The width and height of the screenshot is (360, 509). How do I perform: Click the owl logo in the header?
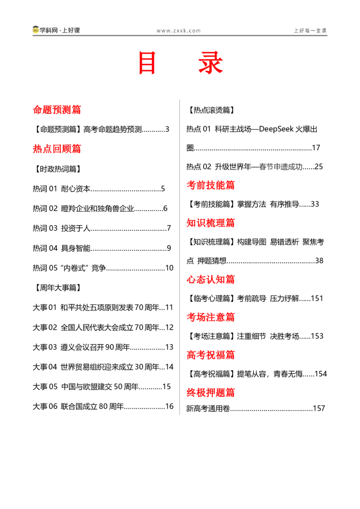tap(36, 30)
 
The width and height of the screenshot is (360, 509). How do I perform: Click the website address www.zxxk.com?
tap(178, 31)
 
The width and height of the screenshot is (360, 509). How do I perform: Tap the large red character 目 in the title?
tap(147, 63)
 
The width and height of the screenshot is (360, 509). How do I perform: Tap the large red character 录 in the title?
tap(211, 63)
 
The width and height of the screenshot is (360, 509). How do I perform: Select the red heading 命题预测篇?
tap(57, 110)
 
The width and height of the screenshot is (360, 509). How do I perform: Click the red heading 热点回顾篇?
tap(57, 149)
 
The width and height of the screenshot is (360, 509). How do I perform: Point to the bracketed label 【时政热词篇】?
tap(57, 169)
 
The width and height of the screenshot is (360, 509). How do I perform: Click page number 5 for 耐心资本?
tap(163, 188)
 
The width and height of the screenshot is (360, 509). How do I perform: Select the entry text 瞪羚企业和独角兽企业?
tap(98, 208)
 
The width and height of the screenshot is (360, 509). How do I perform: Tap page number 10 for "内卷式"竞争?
tap(169, 268)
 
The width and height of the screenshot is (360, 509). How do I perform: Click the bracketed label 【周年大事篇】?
tap(57, 288)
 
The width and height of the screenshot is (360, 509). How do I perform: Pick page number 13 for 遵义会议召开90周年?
tap(169, 347)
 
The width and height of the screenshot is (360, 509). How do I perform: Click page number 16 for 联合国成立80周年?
tap(169, 406)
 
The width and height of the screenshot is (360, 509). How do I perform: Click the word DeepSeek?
tap(276, 129)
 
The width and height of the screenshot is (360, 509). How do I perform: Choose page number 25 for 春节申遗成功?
tap(319, 167)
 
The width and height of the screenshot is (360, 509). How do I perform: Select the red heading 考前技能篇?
tap(211, 185)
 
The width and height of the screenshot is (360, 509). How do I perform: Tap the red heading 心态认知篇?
tap(211, 279)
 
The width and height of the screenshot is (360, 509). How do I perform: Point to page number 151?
tap(317, 298)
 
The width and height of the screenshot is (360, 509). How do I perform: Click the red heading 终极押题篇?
tap(211, 393)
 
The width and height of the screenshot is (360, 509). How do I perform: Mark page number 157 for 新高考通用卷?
tap(319, 408)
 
